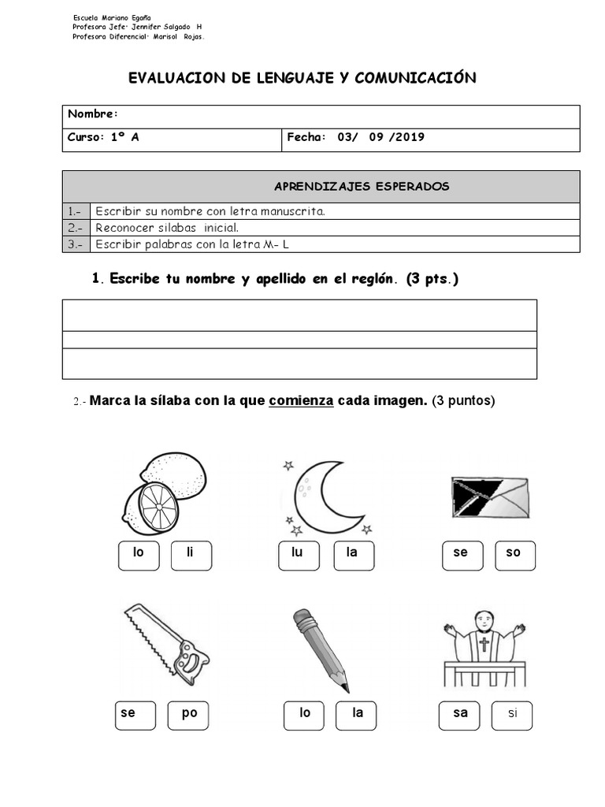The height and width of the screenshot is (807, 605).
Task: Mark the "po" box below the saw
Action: (x=190, y=715)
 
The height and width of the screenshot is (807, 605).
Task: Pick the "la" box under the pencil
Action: (x=357, y=715)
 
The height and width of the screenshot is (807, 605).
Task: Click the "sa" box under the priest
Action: (x=460, y=715)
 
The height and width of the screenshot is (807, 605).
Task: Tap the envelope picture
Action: (x=489, y=496)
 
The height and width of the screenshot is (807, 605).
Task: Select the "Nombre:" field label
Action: (x=93, y=115)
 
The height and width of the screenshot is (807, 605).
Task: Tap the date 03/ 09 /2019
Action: (x=380, y=137)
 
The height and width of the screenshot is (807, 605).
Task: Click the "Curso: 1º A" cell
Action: (x=103, y=137)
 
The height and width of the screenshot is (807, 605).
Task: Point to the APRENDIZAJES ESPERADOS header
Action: (x=361, y=187)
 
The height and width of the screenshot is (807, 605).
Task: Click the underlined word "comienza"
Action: (x=300, y=400)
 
